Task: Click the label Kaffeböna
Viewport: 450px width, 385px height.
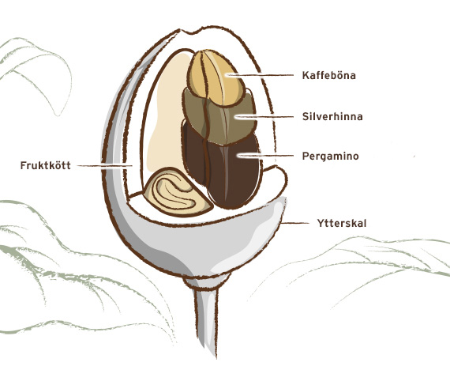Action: [x=329, y=75]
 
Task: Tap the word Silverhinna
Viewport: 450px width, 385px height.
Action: [x=332, y=117]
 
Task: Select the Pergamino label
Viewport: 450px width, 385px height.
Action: [x=330, y=157]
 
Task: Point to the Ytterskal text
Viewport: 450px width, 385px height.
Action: [x=342, y=223]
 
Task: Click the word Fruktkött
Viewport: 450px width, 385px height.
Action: [x=45, y=165]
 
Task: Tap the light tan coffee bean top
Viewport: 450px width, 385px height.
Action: [x=216, y=77]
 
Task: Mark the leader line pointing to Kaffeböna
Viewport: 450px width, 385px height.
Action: [x=260, y=75]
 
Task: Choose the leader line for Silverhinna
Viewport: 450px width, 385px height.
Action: [x=264, y=117]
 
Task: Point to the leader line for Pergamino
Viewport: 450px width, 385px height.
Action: [x=266, y=156]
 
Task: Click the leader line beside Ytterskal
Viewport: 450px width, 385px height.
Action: [x=295, y=223]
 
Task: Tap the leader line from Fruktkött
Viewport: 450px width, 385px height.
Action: [x=105, y=165]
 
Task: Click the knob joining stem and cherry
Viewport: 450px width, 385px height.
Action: [x=207, y=281]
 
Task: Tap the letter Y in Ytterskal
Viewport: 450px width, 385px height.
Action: [x=321, y=223]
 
